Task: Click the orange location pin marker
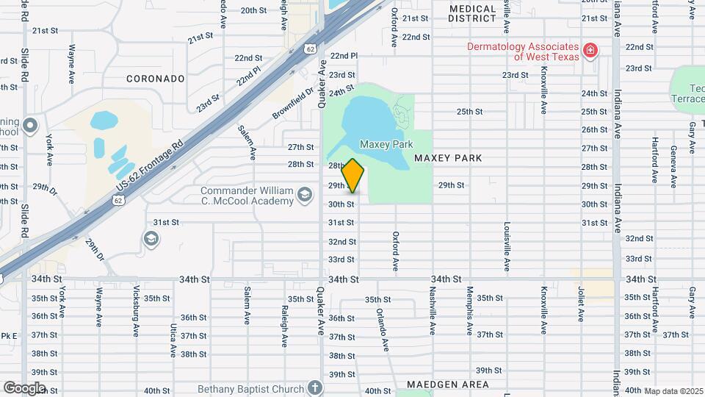point(353,176)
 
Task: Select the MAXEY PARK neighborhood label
point(448,158)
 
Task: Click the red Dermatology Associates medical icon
point(589,51)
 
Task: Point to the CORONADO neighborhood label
point(155,78)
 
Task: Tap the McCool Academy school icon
point(304,196)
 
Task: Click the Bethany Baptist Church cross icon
point(314,387)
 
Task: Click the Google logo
point(23,387)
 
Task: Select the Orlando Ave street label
point(381,328)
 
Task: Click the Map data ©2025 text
point(673,391)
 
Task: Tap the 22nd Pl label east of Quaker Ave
point(344,56)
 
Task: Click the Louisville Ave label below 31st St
point(507,243)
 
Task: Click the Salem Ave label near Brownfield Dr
point(246,141)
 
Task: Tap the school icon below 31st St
point(151,237)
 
